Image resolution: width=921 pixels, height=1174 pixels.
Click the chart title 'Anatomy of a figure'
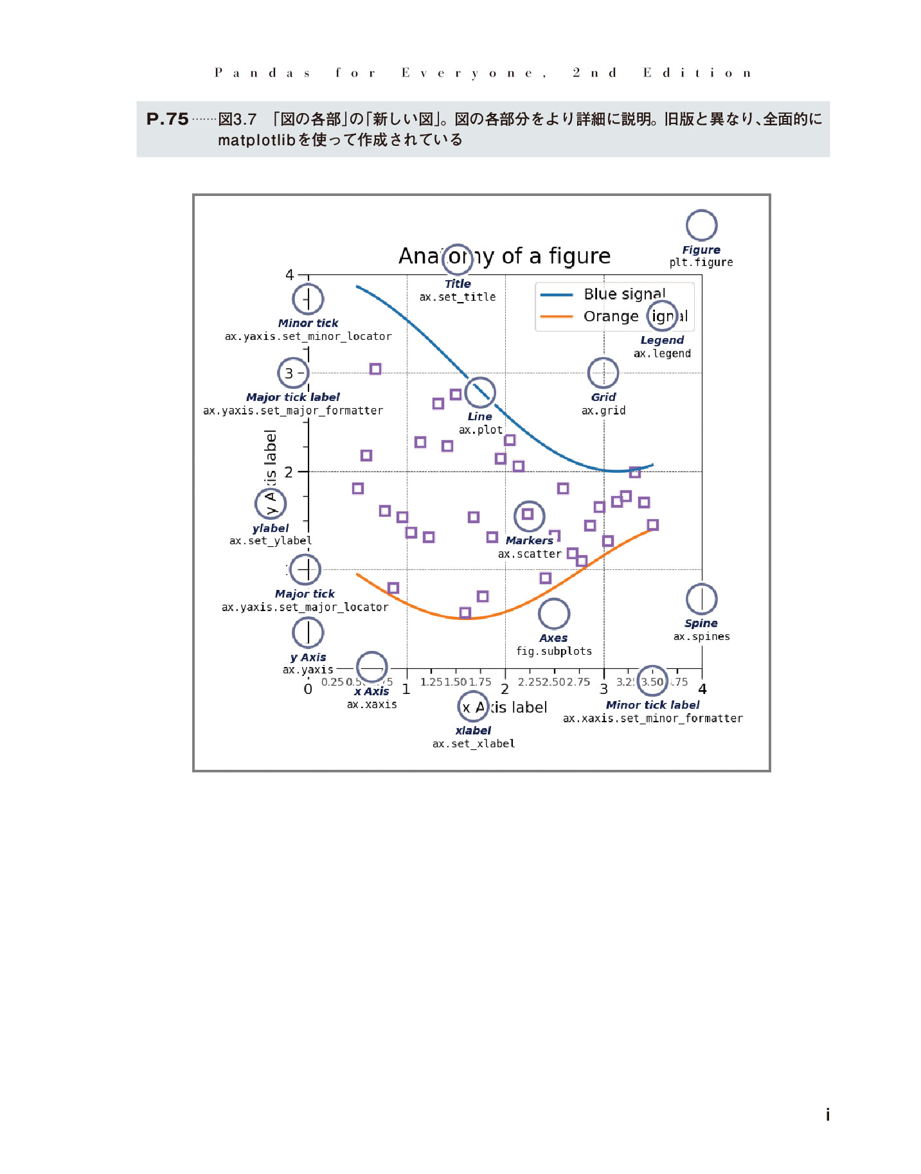[x=505, y=256]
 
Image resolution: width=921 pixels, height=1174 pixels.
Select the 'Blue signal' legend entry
[x=624, y=294]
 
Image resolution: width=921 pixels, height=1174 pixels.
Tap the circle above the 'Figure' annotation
[x=701, y=225]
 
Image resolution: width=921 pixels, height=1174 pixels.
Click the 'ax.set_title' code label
[x=458, y=297]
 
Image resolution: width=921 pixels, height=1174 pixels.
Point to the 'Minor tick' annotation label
[x=308, y=323]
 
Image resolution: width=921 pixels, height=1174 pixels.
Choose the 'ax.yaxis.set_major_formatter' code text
[x=293, y=411]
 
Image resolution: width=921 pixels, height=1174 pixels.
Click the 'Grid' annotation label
[x=604, y=397]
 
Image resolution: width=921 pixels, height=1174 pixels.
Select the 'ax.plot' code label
[x=481, y=430]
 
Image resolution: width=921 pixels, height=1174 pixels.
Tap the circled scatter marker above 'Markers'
[x=528, y=515]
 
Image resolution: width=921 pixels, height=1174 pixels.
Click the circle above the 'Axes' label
[x=554, y=614]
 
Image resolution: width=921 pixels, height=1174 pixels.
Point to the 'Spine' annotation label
[x=701, y=623]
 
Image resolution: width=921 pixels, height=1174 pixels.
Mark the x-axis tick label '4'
[x=702, y=689]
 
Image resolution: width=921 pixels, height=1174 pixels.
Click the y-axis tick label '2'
[x=289, y=472]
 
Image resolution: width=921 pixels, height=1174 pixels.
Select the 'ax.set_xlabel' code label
[x=474, y=743]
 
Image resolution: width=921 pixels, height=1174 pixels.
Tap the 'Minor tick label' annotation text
[x=652, y=705]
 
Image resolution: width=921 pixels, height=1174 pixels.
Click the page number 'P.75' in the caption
[x=168, y=120]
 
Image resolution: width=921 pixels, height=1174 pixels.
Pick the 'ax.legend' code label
[x=662, y=353]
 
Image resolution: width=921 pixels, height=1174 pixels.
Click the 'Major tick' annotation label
[x=305, y=594]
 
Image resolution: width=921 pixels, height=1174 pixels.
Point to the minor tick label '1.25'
[x=431, y=682]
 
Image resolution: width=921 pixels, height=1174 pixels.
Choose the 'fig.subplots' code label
[x=554, y=651]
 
